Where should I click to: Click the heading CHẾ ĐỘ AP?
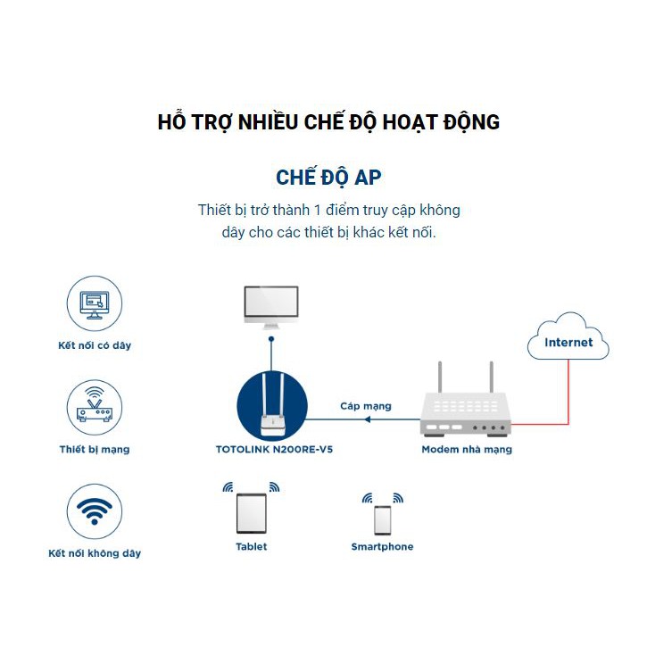tap(328, 177)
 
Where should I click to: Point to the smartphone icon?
tap(382, 519)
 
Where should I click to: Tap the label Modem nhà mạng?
tap(467, 450)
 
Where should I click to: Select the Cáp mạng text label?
tap(365, 406)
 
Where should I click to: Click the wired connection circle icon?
tap(95, 304)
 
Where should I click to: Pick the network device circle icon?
tap(95, 407)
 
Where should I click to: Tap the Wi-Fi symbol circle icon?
tap(95, 511)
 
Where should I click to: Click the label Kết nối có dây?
tap(95, 345)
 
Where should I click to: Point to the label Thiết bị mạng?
tap(95, 449)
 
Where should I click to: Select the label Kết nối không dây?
tap(95, 553)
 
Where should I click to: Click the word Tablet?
tap(251, 546)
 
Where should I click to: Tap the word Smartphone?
tap(382, 546)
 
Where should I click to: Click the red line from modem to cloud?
tap(568, 393)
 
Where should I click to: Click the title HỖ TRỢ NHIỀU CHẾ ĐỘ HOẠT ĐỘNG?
tap(328, 122)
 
